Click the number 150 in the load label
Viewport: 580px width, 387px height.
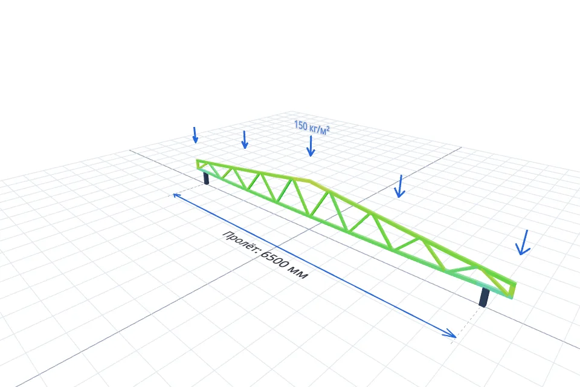pyautogui.click(x=301, y=126)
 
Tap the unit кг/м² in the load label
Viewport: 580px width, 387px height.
pyautogui.click(x=319, y=129)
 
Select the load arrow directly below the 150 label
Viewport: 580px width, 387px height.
pyautogui.click(x=311, y=146)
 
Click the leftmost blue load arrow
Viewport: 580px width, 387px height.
pyautogui.click(x=195, y=135)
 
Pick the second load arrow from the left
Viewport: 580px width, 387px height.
pyautogui.click(x=244, y=140)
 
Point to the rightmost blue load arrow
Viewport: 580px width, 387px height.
pyautogui.click(x=523, y=242)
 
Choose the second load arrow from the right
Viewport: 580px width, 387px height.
pyautogui.click(x=399, y=186)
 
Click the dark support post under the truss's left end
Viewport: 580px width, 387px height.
pyautogui.click(x=207, y=178)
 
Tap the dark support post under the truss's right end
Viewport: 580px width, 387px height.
pyautogui.click(x=484, y=297)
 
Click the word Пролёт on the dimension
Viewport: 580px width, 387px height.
pyautogui.click(x=240, y=242)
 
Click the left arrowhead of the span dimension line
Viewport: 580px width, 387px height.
pyautogui.click(x=177, y=195)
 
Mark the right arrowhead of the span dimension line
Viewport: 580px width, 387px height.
pyautogui.click(x=451, y=333)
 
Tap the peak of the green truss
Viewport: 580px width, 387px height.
pyautogui.click(x=310, y=181)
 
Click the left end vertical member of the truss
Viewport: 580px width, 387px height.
pyautogui.click(x=198, y=164)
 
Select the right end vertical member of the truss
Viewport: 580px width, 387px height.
pyautogui.click(x=514, y=290)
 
